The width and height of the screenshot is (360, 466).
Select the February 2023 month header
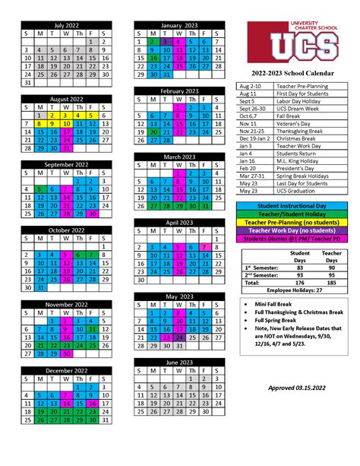[x=180, y=91]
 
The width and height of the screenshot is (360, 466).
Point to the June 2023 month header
[x=180, y=363]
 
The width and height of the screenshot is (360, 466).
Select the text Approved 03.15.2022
[x=301, y=388]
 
